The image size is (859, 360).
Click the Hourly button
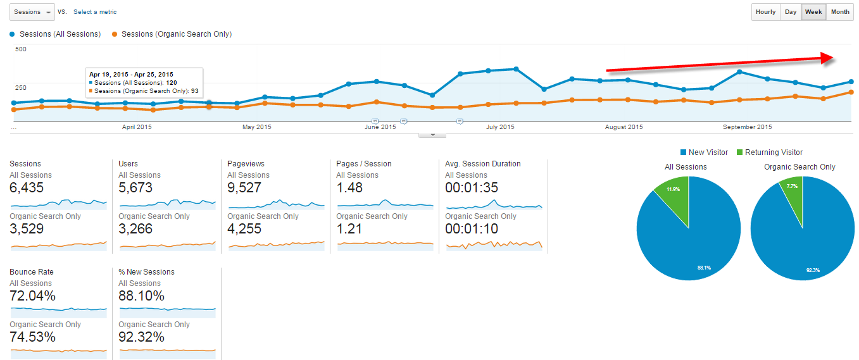pos(765,12)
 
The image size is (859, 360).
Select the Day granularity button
pos(791,12)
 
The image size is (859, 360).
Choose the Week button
pos(813,12)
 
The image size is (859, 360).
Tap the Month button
pos(840,12)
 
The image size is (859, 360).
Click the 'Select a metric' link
pos(95,12)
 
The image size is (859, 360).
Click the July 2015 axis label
pos(500,127)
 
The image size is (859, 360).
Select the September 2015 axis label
pos(748,127)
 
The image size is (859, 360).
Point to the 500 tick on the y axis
pos(21,49)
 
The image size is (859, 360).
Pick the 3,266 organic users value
pos(135,228)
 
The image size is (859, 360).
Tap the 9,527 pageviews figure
pos(244,187)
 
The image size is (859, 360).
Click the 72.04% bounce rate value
pos(33,295)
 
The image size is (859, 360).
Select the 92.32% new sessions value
pos(142,337)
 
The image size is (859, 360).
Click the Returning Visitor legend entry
pos(768,152)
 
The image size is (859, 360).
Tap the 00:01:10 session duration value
pos(471,228)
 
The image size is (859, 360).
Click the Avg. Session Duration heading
pos(483,164)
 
